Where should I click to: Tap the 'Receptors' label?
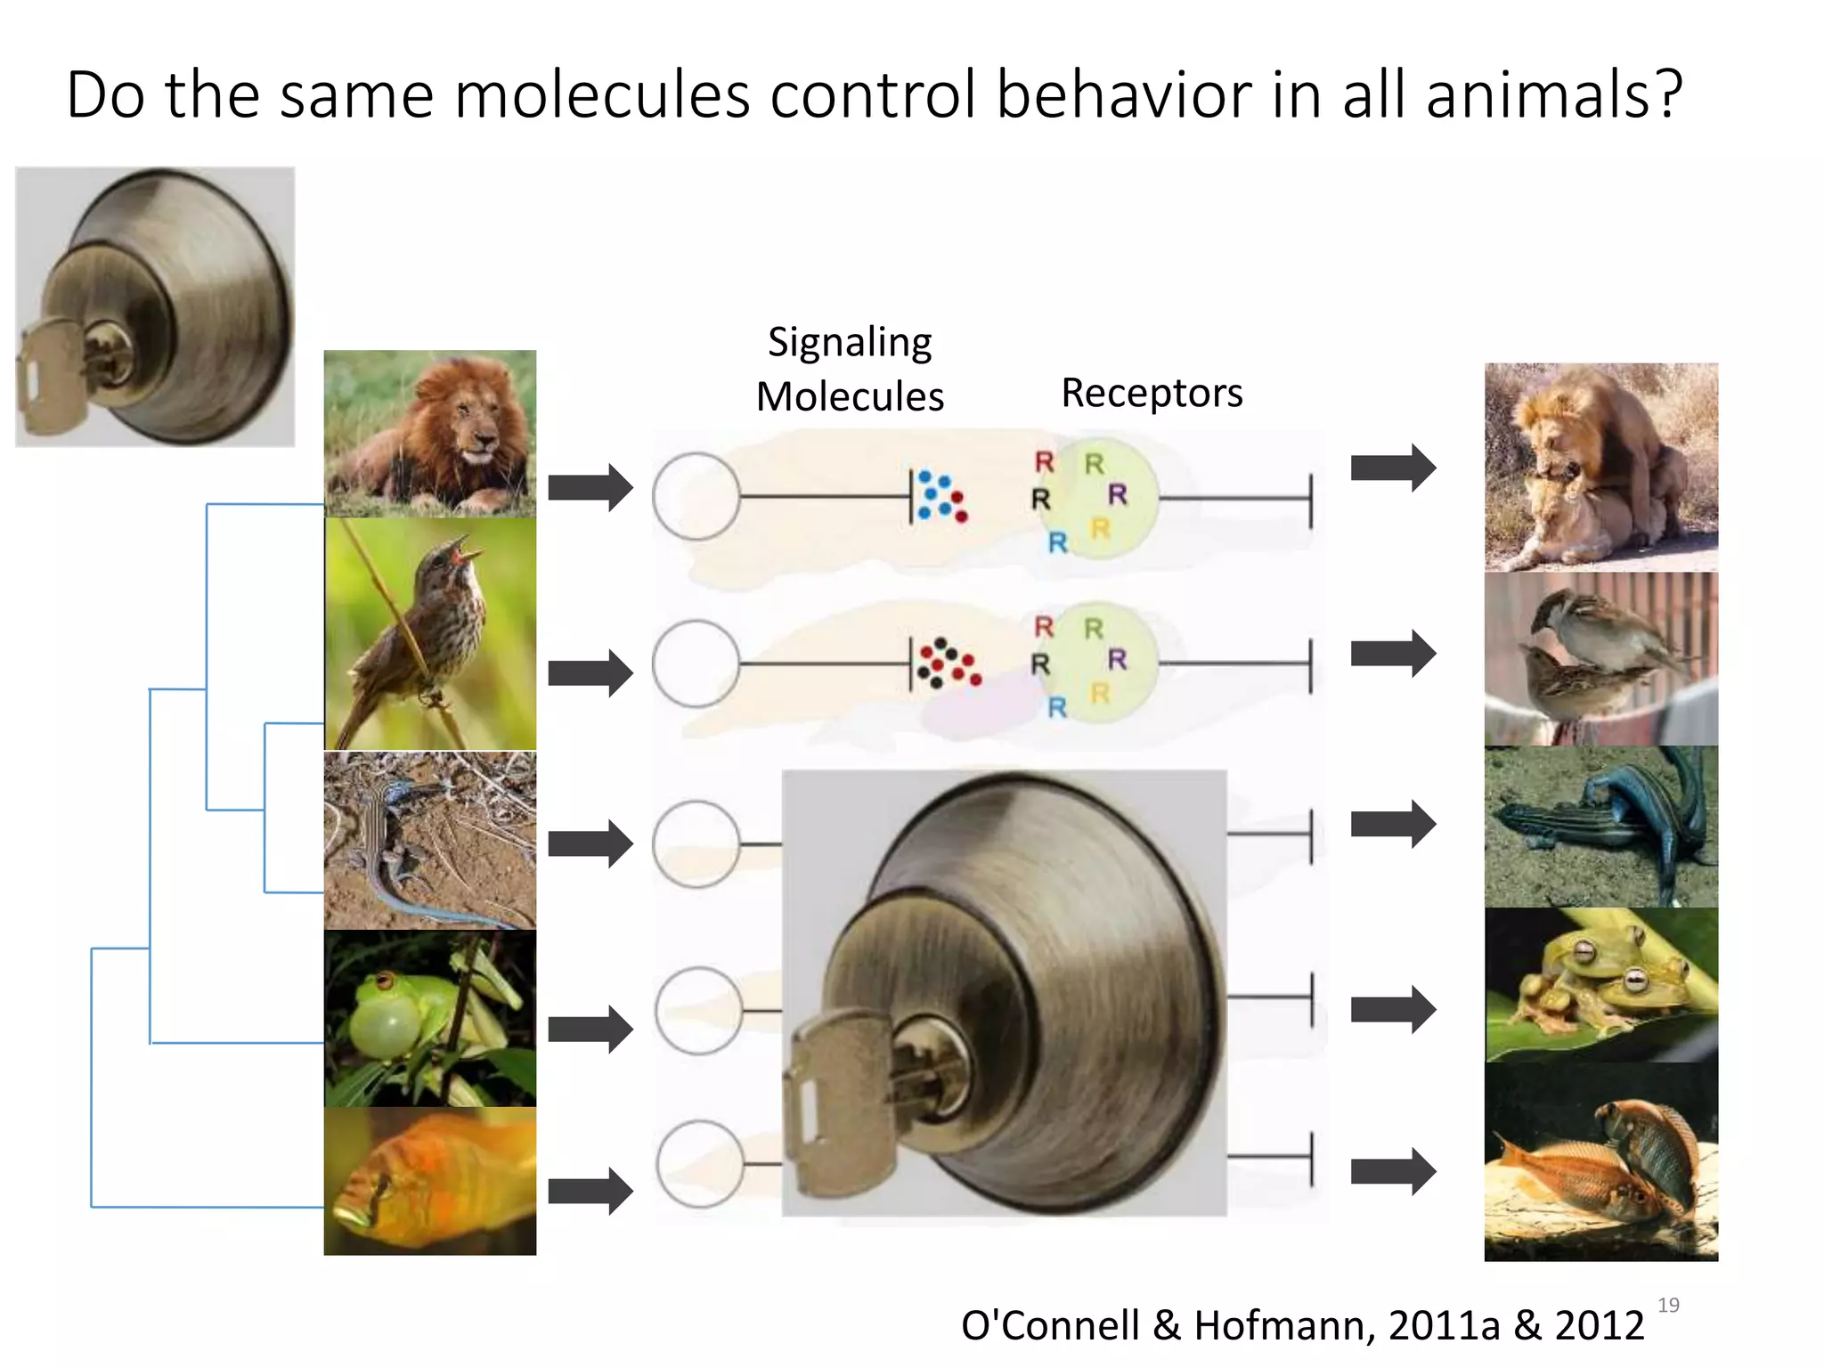click(1151, 394)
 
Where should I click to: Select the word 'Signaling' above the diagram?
click(850, 343)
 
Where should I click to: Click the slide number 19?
click(1667, 1306)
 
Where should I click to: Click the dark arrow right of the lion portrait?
click(590, 488)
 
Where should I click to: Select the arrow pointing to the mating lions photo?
click(1392, 468)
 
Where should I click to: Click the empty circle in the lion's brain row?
click(696, 497)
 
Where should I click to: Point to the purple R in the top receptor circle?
click(1118, 494)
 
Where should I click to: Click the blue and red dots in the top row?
click(940, 497)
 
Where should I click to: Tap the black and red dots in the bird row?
click(948, 664)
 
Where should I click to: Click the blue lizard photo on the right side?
click(1600, 826)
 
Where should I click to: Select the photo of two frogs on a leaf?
click(1600, 985)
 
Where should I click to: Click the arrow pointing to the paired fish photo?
click(1392, 1170)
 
